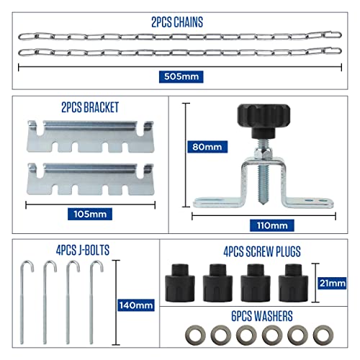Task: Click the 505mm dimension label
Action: pos(181,77)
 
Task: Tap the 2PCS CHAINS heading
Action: pos(177,22)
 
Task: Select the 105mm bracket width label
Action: pos(90,214)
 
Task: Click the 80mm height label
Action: pos(207,147)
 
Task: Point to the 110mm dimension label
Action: pos(272,225)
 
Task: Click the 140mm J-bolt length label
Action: pos(136,305)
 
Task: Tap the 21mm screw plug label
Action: pos(332,284)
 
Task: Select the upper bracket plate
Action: pos(90,136)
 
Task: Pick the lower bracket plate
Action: pos(90,179)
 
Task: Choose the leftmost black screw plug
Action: pos(180,283)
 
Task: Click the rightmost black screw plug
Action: pos(293,283)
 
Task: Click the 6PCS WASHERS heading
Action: pos(262,316)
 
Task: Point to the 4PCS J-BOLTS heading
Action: pos(83,250)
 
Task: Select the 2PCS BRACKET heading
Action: pos(90,107)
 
